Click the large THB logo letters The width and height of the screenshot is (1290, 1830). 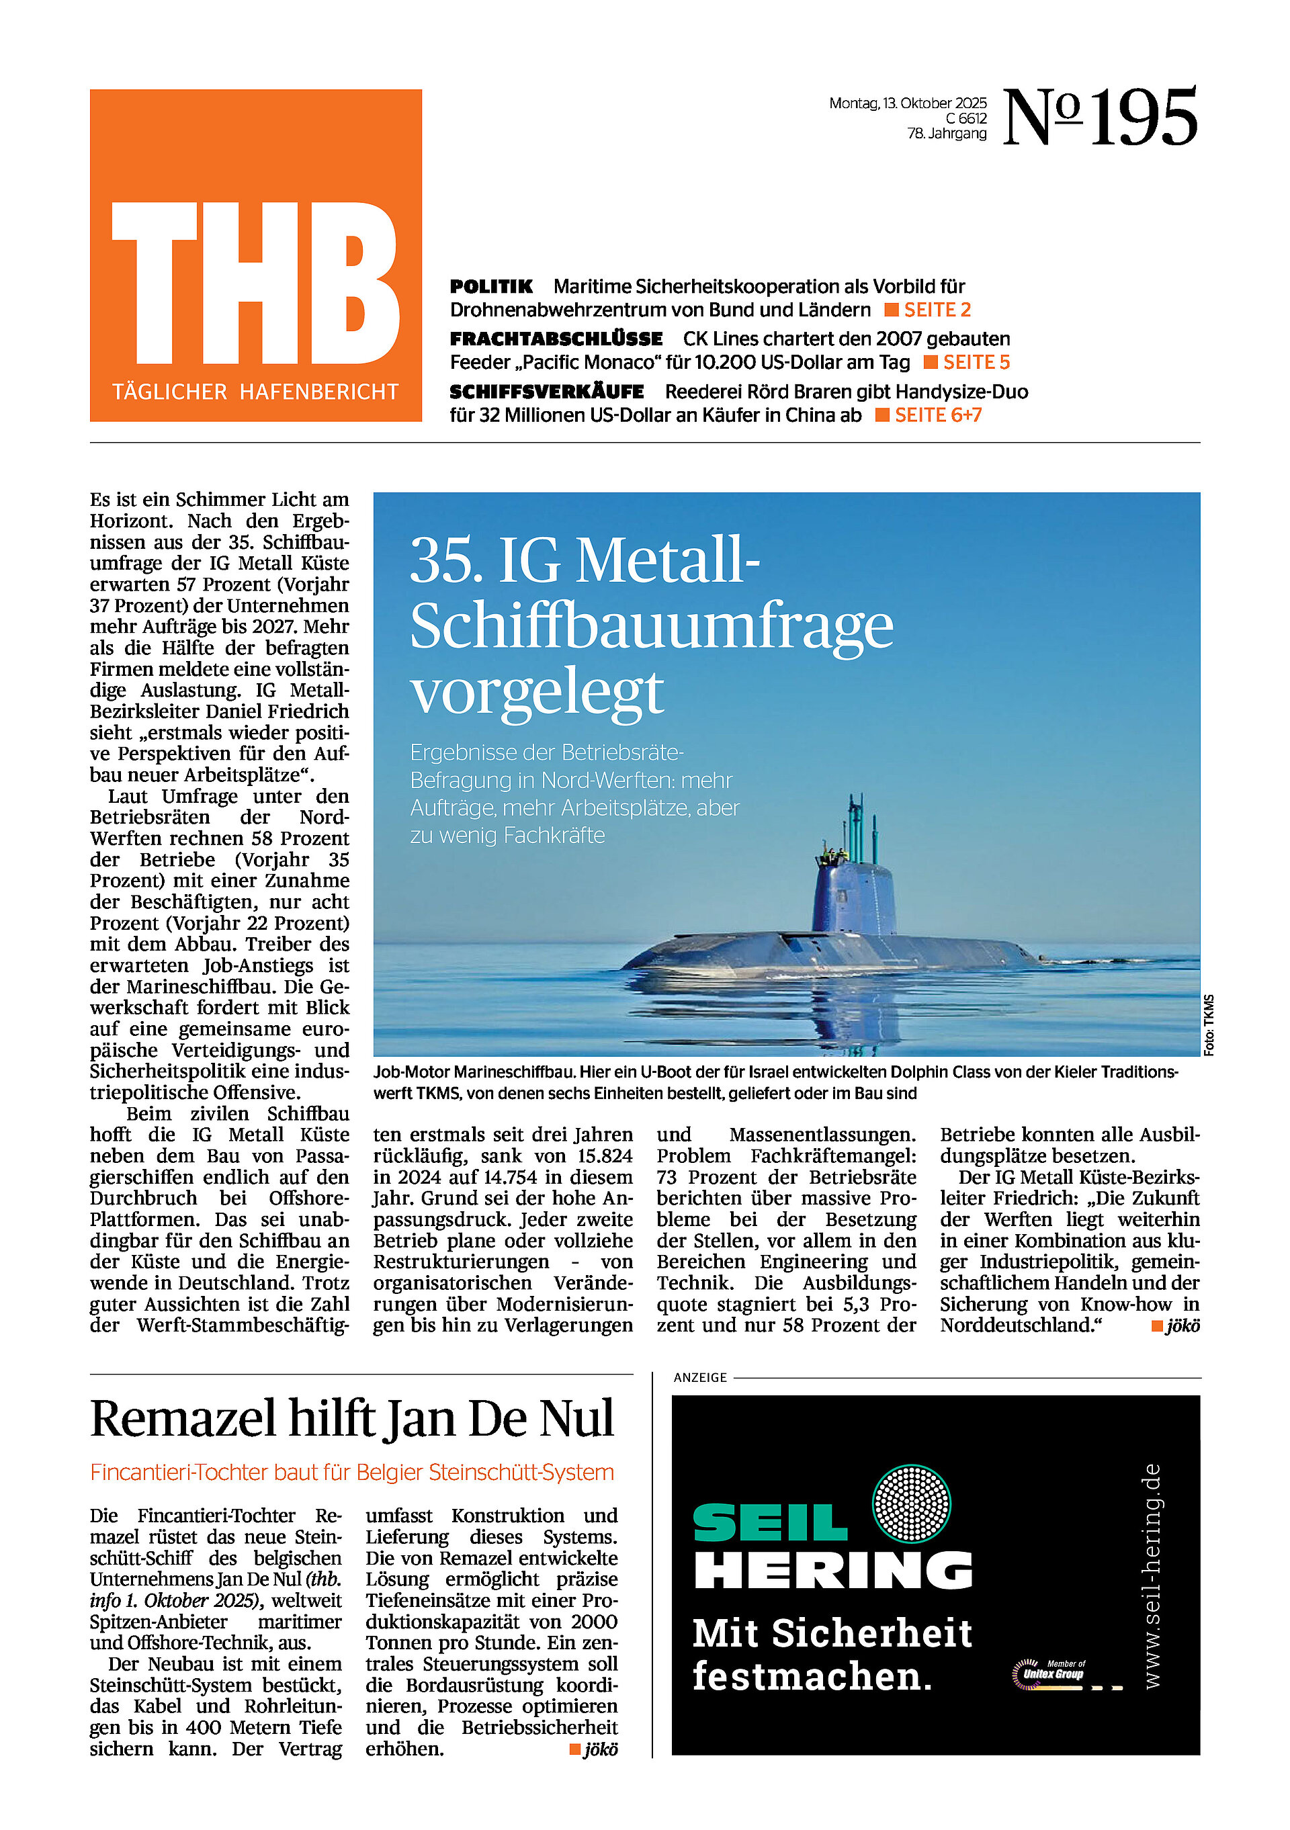pyautogui.click(x=255, y=283)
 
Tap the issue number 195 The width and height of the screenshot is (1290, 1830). pyautogui.click(x=1144, y=118)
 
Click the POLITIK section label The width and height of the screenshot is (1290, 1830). pyautogui.click(x=491, y=287)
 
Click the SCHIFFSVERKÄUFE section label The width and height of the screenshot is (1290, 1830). pyautogui.click(x=547, y=392)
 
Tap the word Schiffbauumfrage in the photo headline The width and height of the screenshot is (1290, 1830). pyautogui.click(x=651, y=625)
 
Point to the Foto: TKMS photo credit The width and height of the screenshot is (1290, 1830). pyautogui.click(x=1209, y=1025)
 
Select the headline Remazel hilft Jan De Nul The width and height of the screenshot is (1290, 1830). pyautogui.click(x=352, y=1420)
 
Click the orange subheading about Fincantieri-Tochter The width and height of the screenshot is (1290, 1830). pyautogui.click(x=352, y=1472)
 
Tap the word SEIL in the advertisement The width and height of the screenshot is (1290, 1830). pyautogui.click(x=769, y=1523)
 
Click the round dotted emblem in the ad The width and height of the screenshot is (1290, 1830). pyautogui.click(x=911, y=1504)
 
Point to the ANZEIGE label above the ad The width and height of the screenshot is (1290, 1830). pyautogui.click(x=700, y=1377)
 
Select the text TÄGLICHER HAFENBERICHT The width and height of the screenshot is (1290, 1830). pyautogui.click(x=255, y=392)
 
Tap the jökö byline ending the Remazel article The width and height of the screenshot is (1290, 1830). pyautogui.click(x=601, y=1749)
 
